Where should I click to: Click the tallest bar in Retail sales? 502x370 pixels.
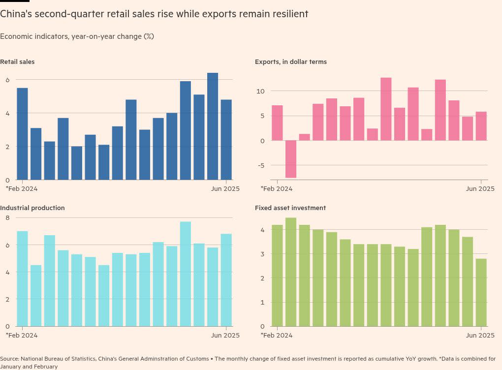tap(213, 126)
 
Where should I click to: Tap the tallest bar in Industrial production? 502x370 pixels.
tap(186, 274)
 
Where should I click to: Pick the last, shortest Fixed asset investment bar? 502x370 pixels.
tap(481, 292)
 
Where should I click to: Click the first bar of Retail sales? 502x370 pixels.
tap(23, 134)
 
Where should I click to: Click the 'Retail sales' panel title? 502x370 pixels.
tap(17, 62)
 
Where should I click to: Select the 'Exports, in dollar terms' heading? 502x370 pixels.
tap(290, 62)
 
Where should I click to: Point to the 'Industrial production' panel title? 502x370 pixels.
tap(32, 208)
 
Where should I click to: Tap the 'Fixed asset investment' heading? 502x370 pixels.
tap(290, 208)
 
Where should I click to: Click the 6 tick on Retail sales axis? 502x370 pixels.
tap(7, 80)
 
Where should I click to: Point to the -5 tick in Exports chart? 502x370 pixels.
tap(261, 165)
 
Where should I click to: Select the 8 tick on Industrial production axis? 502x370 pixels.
tap(7, 217)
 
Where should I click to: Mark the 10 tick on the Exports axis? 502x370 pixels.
tap(261, 92)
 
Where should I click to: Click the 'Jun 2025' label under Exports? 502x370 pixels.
tap(480, 189)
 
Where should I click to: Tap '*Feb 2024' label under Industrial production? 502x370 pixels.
tap(22, 336)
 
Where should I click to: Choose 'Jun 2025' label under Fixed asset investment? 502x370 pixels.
tap(480, 336)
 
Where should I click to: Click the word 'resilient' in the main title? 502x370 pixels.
tap(289, 14)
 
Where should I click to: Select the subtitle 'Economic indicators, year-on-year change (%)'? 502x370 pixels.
tap(77, 36)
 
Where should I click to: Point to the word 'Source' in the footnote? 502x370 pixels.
tap(9, 359)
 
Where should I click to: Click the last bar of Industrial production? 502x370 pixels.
tap(226, 280)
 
